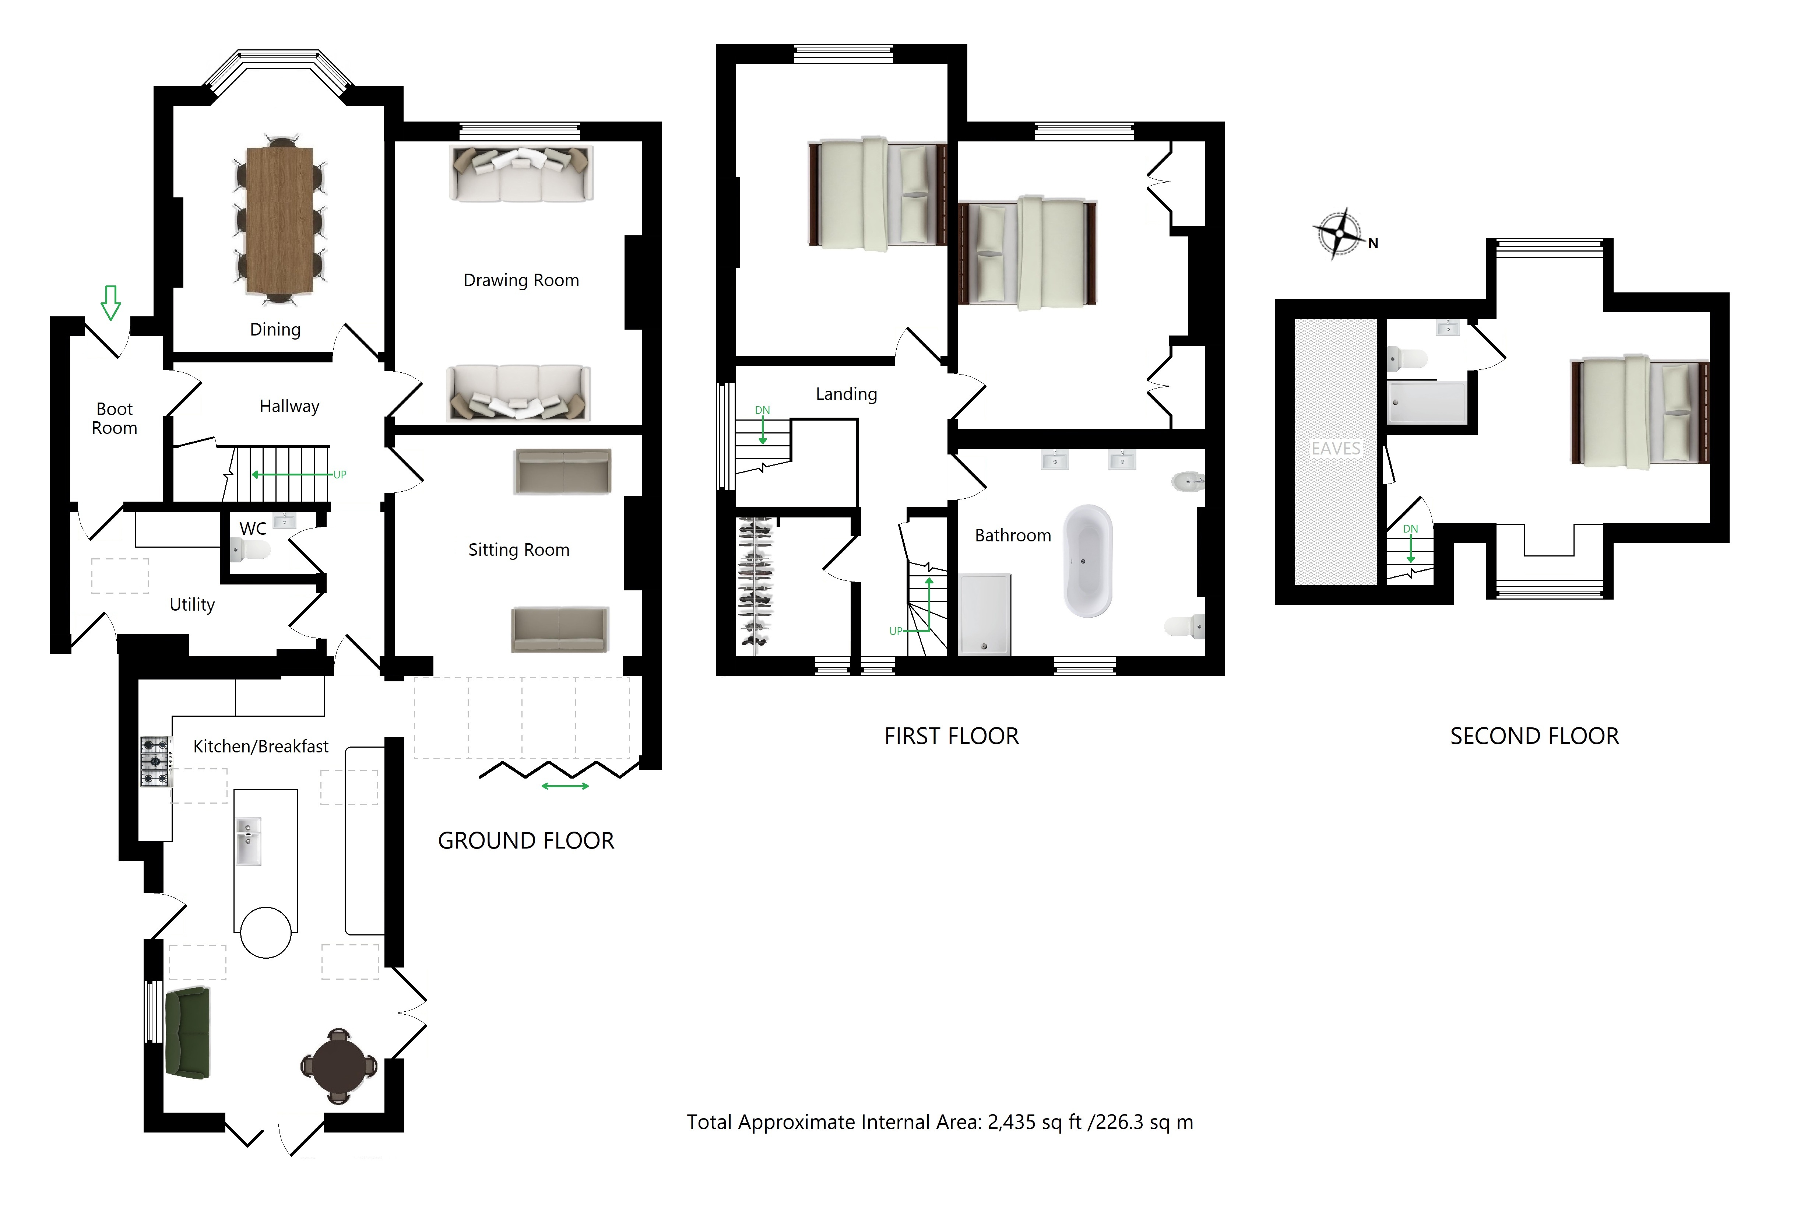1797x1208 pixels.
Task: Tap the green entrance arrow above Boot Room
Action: pyautogui.click(x=111, y=302)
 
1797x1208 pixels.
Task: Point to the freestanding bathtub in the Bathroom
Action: pyautogui.click(x=1088, y=561)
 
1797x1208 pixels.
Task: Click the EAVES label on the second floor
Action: pyautogui.click(x=1336, y=448)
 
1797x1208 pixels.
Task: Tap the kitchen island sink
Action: pyautogui.click(x=248, y=840)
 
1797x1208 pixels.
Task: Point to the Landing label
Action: pyautogui.click(x=847, y=394)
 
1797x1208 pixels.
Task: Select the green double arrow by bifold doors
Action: pyautogui.click(x=565, y=786)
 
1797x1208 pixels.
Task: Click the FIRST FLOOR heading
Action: pyautogui.click(x=951, y=737)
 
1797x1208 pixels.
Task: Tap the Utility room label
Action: pyautogui.click(x=192, y=605)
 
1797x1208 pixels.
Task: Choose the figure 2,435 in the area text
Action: pyautogui.click(x=1011, y=1123)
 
